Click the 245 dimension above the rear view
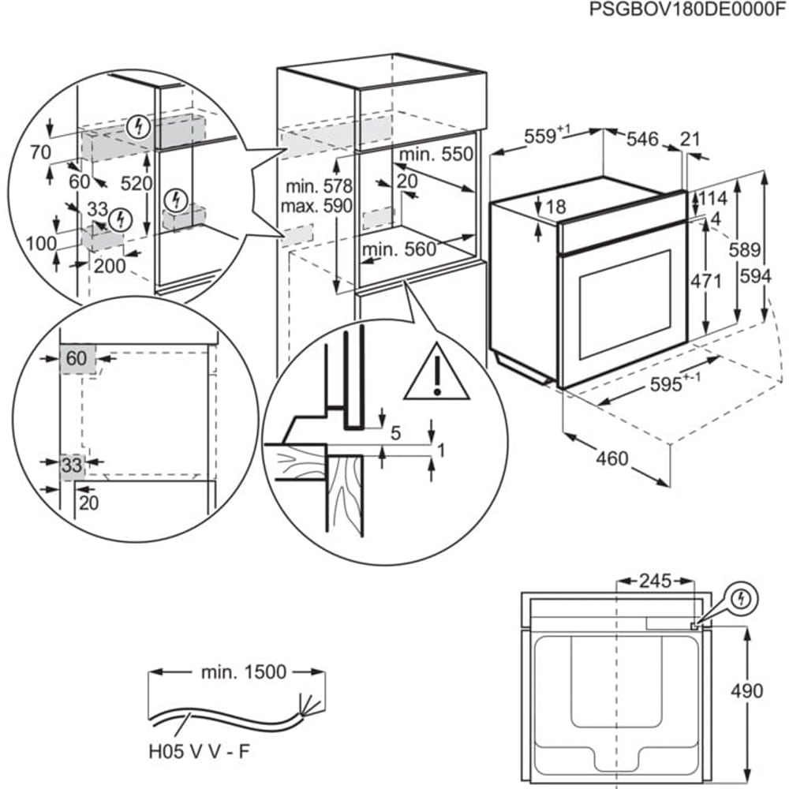[x=654, y=581]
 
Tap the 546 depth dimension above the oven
[x=641, y=140]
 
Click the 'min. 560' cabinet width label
[x=398, y=250]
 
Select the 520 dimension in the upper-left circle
[x=136, y=183]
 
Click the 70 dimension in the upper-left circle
[x=40, y=151]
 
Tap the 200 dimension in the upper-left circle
[x=109, y=266]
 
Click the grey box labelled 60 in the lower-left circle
[x=77, y=359]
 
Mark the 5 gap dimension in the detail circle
[x=396, y=433]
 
